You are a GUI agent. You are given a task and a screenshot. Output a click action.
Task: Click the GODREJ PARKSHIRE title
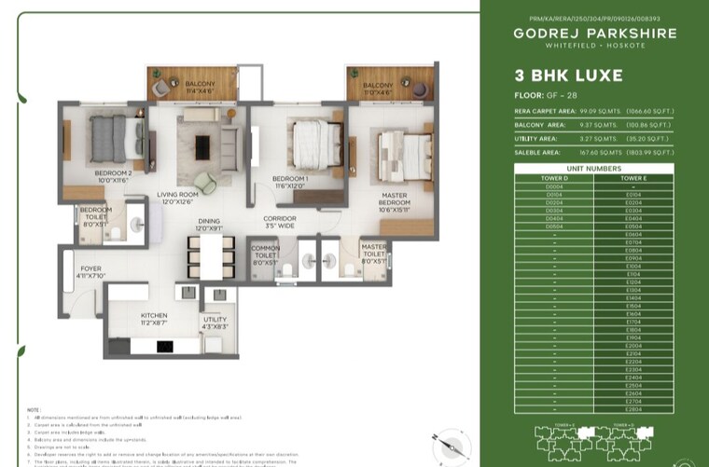[x=593, y=34]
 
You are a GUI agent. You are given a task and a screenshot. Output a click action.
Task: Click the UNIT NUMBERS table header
[x=593, y=168]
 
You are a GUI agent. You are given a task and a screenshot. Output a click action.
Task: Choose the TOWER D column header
[x=554, y=176]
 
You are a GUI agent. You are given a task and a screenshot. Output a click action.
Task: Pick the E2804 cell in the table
[x=633, y=409]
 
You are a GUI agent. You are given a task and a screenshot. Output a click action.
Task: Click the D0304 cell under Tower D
[x=554, y=210]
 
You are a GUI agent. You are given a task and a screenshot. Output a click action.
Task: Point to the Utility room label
[x=215, y=323]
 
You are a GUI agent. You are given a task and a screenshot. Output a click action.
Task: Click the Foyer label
[x=90, y=271]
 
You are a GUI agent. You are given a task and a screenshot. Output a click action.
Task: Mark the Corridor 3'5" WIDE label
[x=280, y=221]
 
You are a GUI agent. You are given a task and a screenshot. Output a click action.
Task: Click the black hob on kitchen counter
[x=164, y=347]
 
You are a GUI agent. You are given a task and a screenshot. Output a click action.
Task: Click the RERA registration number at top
[x=593, y=18]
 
